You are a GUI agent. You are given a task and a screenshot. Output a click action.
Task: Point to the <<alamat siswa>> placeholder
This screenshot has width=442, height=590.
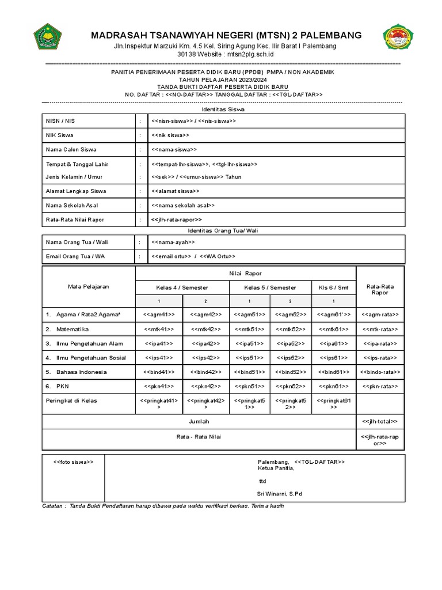coord(176,191)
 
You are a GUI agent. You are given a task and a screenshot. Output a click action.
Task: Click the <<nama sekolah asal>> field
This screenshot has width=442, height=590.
coord(183,205)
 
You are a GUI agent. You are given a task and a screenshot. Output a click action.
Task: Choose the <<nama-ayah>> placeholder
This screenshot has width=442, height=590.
coord(173,243)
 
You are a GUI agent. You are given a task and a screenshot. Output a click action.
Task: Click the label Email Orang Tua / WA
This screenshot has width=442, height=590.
coord(75,256)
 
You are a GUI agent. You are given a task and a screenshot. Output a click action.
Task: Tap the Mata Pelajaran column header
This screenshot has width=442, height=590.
coord(89,286)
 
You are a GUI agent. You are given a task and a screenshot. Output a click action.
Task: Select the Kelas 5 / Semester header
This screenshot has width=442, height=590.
coord(270,288)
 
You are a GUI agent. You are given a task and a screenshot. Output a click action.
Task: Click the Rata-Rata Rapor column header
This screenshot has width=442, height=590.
coord(380,289)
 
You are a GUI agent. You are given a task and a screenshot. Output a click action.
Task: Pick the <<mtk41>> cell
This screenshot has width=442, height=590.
coord(159,330)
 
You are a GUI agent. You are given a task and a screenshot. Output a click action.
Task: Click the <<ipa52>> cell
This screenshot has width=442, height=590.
coord(291,344)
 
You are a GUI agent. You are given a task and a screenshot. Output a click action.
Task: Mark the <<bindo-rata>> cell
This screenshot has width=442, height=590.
coord(380,372)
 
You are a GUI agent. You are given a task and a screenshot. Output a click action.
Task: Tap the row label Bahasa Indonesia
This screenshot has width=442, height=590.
coord(81,372)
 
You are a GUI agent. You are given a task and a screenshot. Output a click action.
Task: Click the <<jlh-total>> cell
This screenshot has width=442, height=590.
coord(380,422)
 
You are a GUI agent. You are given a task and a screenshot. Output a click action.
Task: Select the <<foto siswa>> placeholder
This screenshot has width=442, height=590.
coord(73,462)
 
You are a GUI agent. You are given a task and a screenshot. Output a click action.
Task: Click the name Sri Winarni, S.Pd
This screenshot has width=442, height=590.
coord(279,494)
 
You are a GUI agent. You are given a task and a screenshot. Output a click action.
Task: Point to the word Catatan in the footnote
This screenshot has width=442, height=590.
coord(54,506)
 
